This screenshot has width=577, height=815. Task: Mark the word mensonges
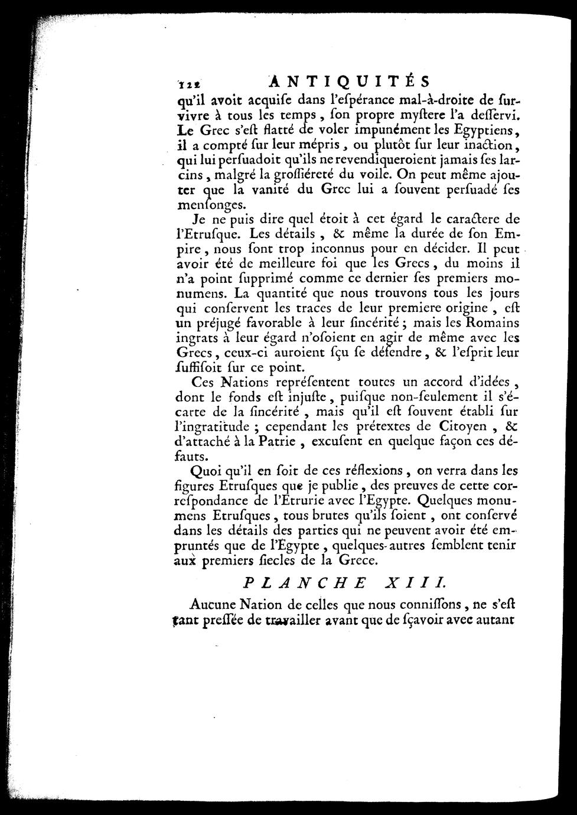point(209,206)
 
